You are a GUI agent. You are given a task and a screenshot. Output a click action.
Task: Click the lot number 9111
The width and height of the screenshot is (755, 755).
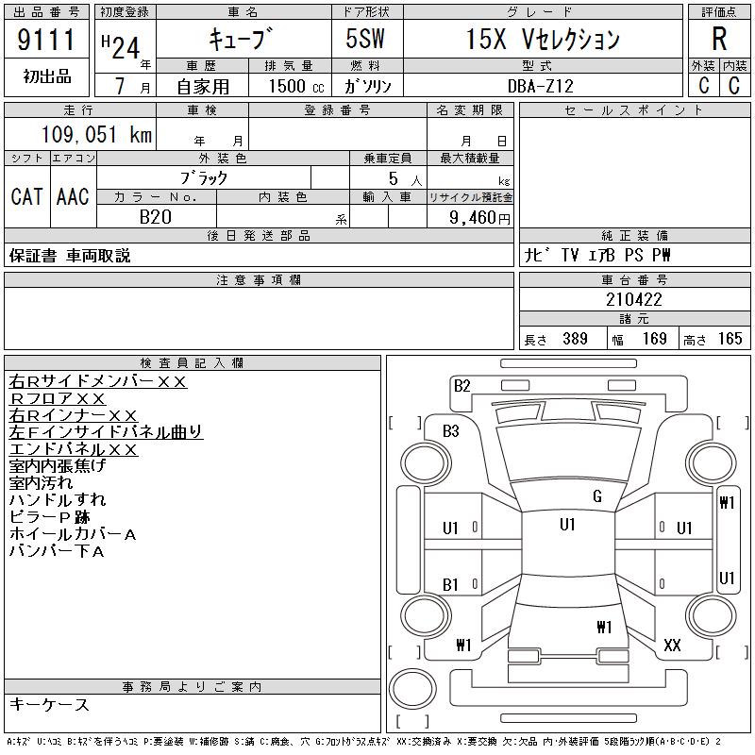pos(46,40)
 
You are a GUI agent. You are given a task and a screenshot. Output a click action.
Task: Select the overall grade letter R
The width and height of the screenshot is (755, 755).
pos(719,39)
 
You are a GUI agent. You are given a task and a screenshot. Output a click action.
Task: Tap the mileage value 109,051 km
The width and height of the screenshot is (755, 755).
pos(96,134)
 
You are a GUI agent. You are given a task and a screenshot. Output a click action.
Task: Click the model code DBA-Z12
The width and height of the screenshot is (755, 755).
pos(541,86)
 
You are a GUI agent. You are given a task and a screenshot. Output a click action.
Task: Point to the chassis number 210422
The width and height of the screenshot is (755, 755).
pos(634,299)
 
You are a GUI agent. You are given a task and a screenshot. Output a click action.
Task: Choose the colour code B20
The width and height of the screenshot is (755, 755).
pos(156,217)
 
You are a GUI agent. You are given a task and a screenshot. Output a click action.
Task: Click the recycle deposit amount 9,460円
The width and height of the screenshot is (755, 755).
pos(479,218)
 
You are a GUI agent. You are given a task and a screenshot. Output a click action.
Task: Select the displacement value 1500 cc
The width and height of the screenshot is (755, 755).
pos(296,86)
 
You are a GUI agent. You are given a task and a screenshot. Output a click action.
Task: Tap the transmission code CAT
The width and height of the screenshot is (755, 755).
pos(27,196)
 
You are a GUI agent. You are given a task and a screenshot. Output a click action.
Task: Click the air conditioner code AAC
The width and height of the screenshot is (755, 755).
pos(73,196)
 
